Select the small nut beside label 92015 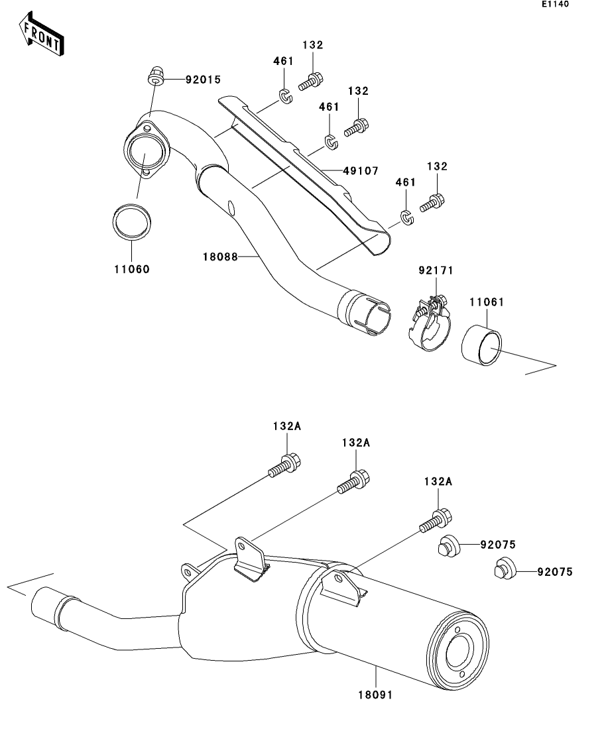[x=156, y=78]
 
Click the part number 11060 [x=131, y=269]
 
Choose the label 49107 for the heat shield [x=360, y=171]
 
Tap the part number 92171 [x=436, y=271]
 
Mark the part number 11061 [x=488, y=302]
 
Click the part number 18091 [x=376, y=696]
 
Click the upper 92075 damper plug [x=448, y=546]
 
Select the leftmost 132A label [x=286, y=427]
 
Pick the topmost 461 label [x=283, y=61]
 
